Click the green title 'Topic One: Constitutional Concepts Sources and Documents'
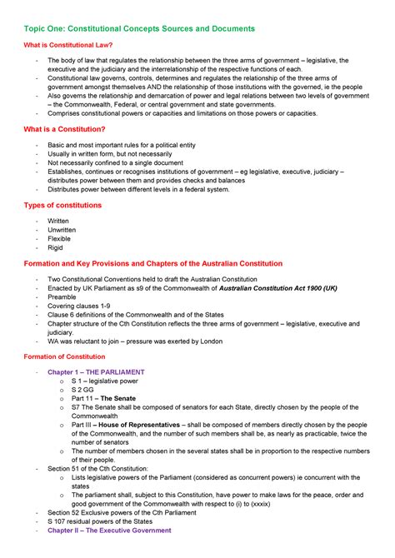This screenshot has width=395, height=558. [x=138, y=28]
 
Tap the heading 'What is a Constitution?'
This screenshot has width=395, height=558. [x=65, y=129]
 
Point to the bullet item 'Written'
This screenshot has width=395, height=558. [x=59, y=221]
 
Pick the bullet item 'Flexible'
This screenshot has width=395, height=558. [x=60, y=238]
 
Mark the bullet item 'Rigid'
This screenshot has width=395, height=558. [x=56, y=247]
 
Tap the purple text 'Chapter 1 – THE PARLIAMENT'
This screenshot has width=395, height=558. [x=96, y=372]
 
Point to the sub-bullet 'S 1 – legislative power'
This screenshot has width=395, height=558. [x=105, y=381]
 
